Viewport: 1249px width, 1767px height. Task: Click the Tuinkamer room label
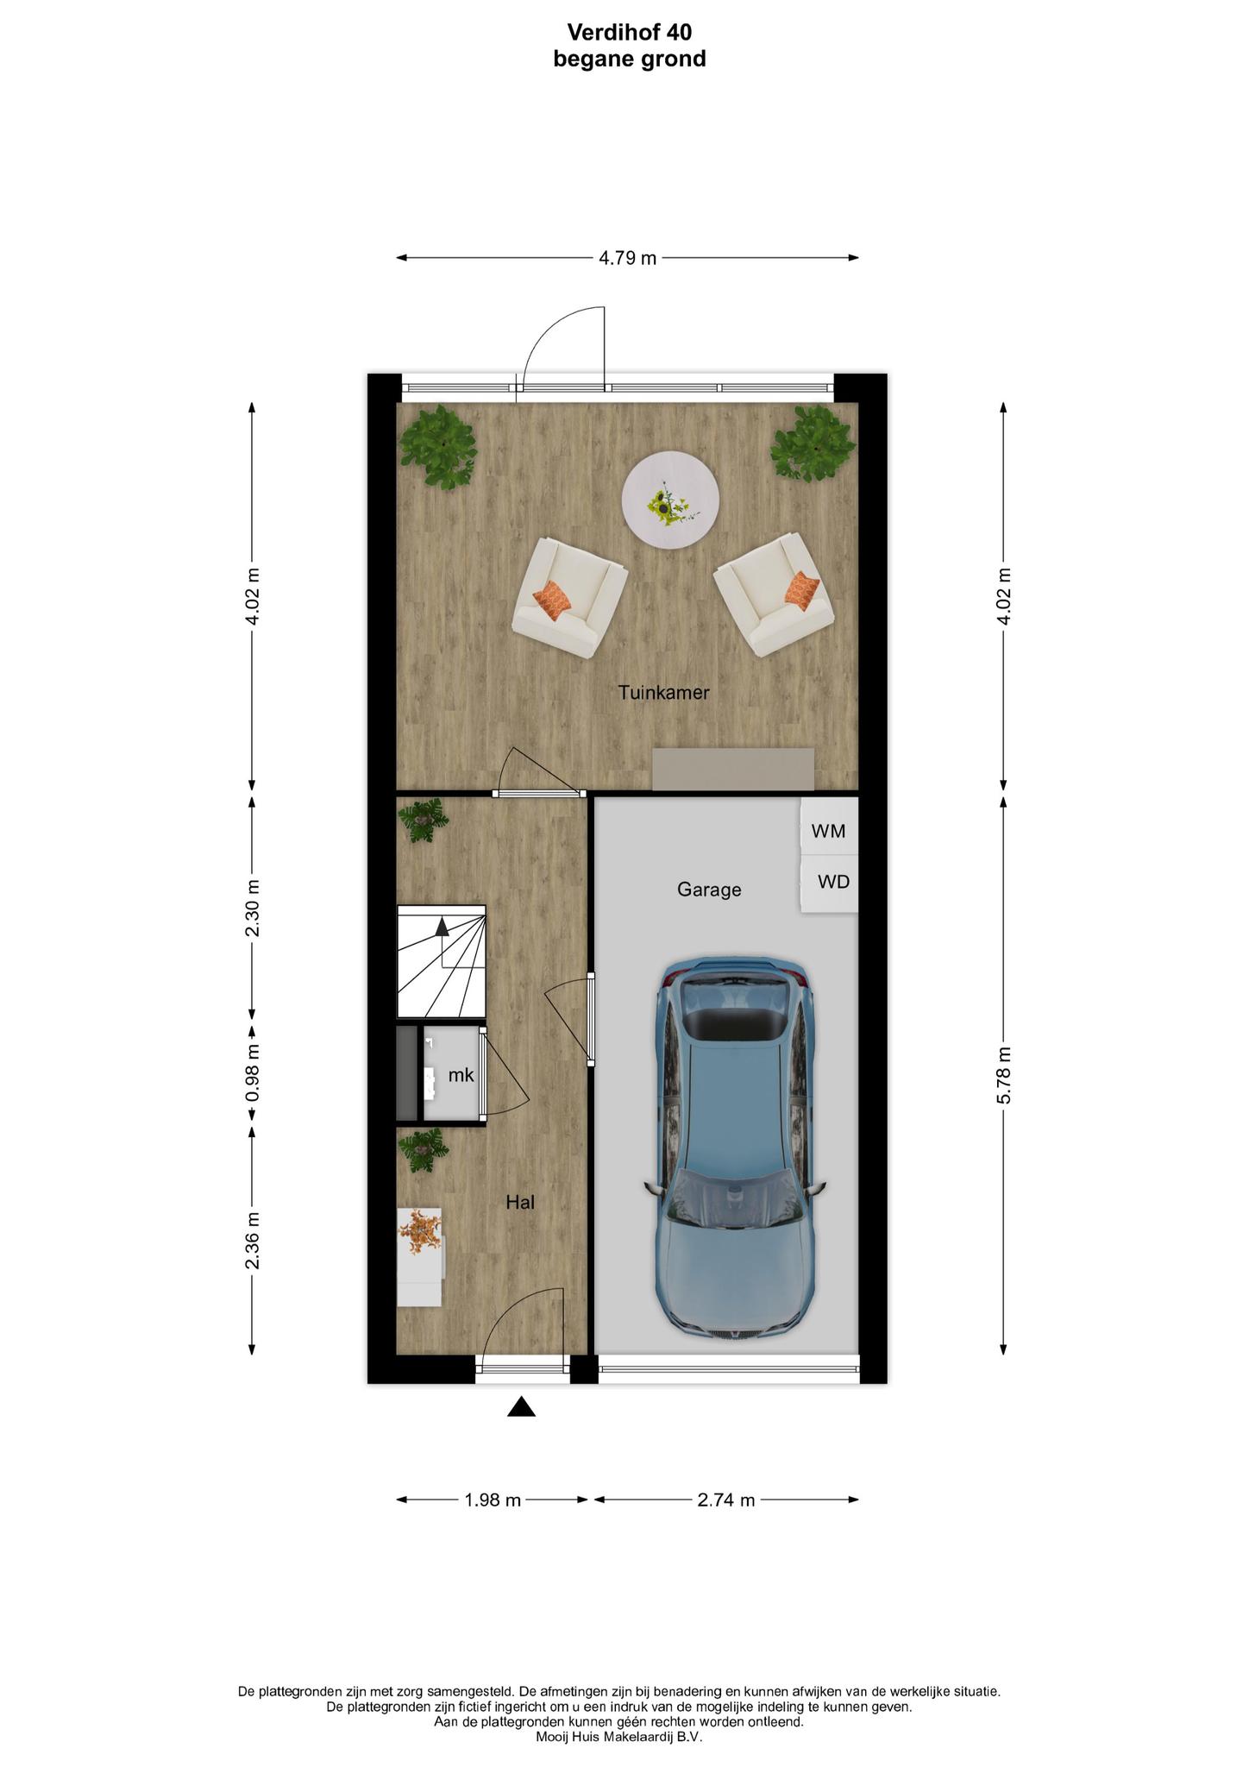click(663, 692)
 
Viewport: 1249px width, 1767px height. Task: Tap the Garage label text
click(709, 890)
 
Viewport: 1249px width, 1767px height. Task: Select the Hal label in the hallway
click(520, 1202)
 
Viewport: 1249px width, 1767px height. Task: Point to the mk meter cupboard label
click(461, 1075)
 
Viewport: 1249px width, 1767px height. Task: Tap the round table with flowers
click(671, 500)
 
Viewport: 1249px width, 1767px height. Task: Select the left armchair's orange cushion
click(552, 599)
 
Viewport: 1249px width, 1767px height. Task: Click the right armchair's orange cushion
click(801, 589)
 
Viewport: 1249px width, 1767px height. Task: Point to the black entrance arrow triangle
click(521, 1407)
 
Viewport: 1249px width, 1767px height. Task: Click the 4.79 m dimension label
click(628, 258)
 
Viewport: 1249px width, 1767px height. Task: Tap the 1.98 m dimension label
click(493, 1500)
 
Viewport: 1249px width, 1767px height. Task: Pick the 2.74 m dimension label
click(726, 1500)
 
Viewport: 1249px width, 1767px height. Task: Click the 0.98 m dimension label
click(252, 1072)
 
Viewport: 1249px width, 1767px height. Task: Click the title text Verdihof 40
click(630, 32)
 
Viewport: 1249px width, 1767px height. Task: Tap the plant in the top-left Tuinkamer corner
click(438, 445)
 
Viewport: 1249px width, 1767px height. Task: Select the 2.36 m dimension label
click(252, 1241)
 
